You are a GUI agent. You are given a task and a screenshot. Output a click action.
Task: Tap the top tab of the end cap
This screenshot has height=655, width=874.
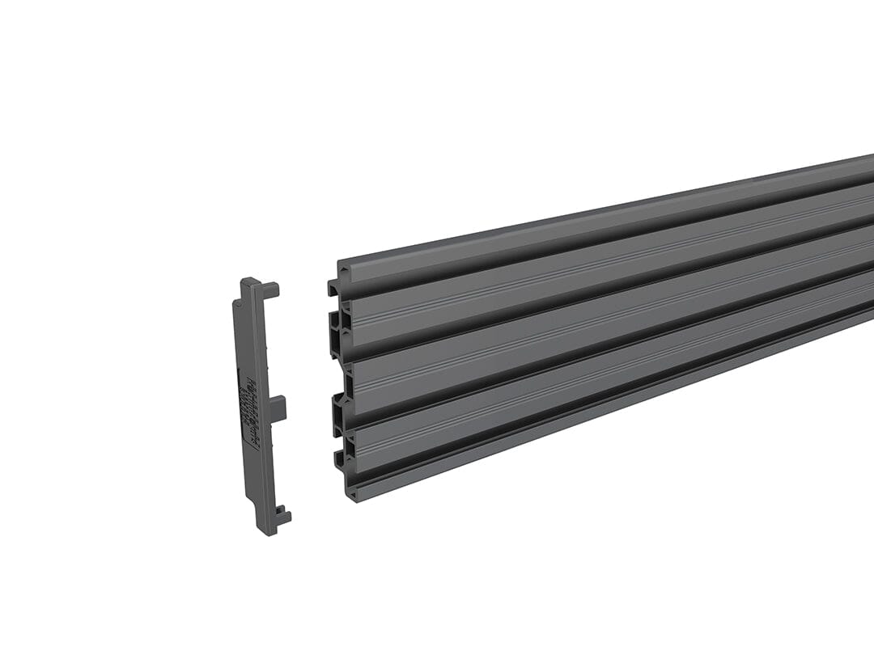tap(269, 288)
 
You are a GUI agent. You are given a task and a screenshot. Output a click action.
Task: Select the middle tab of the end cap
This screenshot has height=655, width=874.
tap(278, 408)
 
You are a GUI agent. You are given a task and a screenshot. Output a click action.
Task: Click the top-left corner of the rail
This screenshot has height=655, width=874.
tap(339, 263)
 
